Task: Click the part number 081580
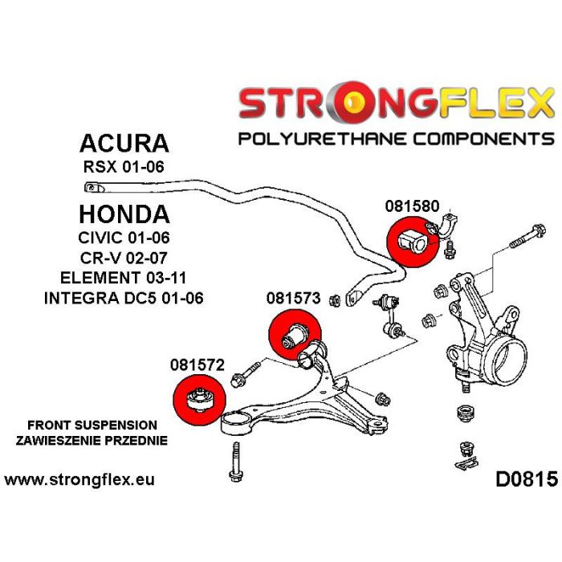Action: click(x=412, y=205)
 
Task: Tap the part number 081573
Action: click(x=294, y=299)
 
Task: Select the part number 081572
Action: click(x=197, y=364)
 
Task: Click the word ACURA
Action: click(x=124, y=144)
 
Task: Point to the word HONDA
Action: click(x=124, y=214)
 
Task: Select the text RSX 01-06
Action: click(x=125, y=169)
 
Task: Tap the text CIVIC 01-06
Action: click(x=125, y=239)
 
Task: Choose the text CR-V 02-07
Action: click(x=125, y=259)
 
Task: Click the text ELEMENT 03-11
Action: click(x=125, y=279)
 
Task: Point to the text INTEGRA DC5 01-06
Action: click(x=125, y=298)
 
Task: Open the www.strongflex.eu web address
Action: click(x=79, y=481)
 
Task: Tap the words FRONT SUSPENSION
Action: click(x=92, y=424)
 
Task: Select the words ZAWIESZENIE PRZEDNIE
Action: click(x=92, y=440)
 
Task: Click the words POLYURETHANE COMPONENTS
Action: click(x=397, y=139)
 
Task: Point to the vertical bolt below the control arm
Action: click(x=235, y=462)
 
